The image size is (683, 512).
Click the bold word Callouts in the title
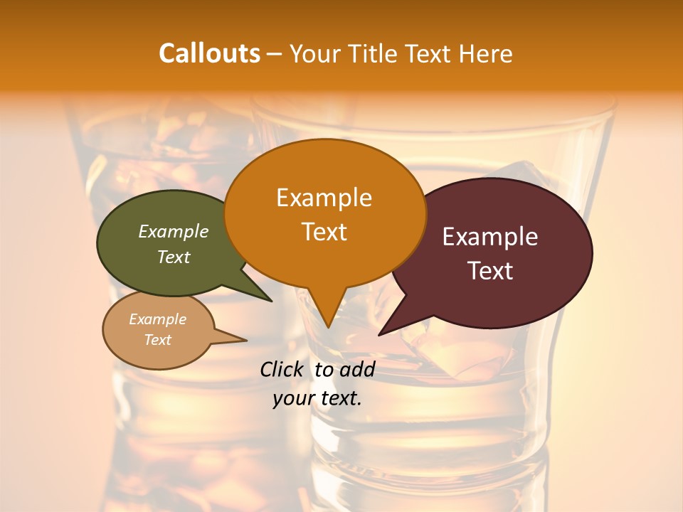click(x=209, y=53)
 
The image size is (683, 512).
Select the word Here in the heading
click(x=486, y=53)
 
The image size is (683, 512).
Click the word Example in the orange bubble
click(x=324, y=197)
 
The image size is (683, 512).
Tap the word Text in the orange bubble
click(x=324, y=232)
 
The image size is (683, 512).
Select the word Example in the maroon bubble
click(x=490, y=236)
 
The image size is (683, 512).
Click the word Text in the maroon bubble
click(x=490, y=270)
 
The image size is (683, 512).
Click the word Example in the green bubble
click(x=174, y=231)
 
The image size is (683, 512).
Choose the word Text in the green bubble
click(x=174, y=257)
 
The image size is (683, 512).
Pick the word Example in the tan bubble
click(x=157, y=319)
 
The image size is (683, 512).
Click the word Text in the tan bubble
click(x=157, y=340)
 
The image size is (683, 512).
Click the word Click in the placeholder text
click(x=283, y=369)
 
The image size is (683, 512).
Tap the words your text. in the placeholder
click(x=317, y=398)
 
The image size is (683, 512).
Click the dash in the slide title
click(x=274, y=54)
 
